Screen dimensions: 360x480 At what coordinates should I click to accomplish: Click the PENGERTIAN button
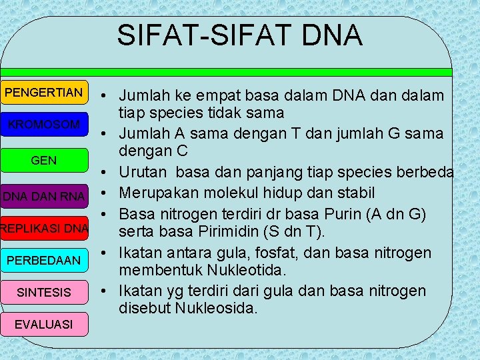[44, 92]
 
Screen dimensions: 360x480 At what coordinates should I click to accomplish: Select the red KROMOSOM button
[44, 125]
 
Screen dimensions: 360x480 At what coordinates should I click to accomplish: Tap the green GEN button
[44, 161]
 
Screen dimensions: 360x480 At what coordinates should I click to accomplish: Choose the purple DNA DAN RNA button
[44, 196]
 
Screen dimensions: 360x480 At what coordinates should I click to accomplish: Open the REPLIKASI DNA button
[44, 229]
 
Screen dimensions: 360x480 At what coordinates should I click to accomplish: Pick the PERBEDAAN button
[44, 260]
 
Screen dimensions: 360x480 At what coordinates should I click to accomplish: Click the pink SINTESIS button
[44, 293]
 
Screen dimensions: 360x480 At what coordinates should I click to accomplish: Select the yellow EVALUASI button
[44, 324]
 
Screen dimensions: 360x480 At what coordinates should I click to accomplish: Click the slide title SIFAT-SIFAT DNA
[240, 35]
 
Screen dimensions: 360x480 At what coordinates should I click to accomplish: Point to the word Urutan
[142, 172]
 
